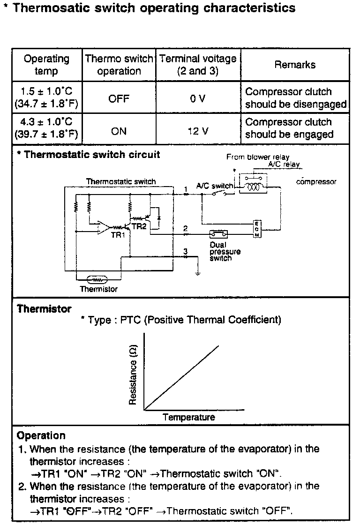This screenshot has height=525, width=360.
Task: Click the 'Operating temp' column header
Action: click(46, 65)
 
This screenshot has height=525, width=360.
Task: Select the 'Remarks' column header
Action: click(295, 65)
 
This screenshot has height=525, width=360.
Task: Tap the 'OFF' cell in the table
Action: click(119, 99)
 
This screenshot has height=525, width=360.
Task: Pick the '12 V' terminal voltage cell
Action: click(198, 131)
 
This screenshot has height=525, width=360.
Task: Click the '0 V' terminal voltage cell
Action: click(198, 99)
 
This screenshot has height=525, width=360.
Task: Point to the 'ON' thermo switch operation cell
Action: click(119, 131)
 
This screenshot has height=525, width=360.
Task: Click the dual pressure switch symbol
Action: click(218, 233)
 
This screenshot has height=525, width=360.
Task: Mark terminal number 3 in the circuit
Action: click(186, 252)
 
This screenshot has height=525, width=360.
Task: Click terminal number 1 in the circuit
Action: click(186, 189)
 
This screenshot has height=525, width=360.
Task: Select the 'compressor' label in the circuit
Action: click(316, 182)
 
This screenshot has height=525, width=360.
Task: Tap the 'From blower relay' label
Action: click(258, 157)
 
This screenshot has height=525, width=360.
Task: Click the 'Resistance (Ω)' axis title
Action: click(133, 375)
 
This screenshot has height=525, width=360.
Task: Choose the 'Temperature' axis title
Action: click(189, 417)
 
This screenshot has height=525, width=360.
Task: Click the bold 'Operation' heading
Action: click(41, 436)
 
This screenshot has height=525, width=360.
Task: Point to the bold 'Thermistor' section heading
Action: click(44, 309)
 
